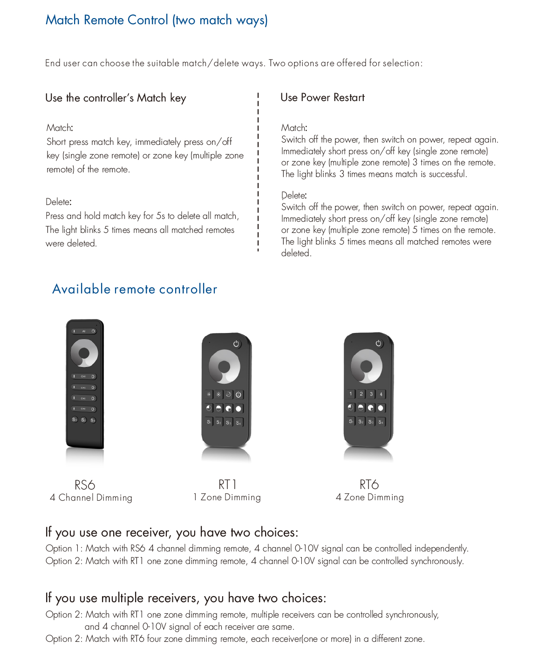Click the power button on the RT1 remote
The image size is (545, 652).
pos(236,344)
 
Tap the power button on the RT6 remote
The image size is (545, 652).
pos(378,343)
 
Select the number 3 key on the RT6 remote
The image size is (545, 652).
pos(371,394)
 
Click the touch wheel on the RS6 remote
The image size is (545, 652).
pos(84,353)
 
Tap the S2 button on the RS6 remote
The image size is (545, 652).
pos(84,420)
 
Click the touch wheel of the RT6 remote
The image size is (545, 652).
pos(367,366)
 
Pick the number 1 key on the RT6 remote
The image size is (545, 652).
pos(351,394)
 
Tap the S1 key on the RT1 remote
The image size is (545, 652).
pos(209,422)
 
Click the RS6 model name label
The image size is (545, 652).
pos(85,485)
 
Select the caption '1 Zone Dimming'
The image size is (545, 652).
pos(227,497)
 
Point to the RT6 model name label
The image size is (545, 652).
pos(369,484)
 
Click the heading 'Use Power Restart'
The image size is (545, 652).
pos(322,98)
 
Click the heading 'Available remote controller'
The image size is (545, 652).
pos(135,289)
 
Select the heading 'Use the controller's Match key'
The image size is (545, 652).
pos(116,98)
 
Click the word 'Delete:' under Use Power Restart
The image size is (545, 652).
pos(293,195)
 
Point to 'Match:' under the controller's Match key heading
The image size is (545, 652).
pos(60,128)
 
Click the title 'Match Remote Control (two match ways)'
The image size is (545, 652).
pos(157,20)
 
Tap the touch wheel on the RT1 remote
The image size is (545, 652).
pos(225,367)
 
